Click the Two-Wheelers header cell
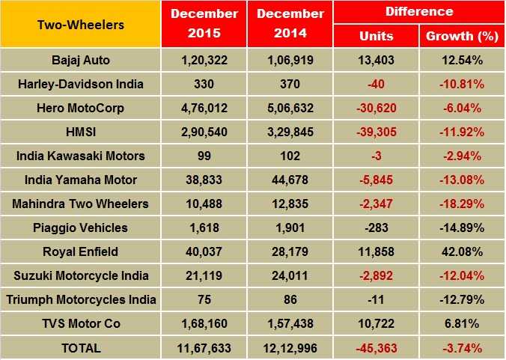[80, 25]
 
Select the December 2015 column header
[204, 25]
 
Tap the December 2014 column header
[290, 25]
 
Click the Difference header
[418, 12]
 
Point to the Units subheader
[376, 36]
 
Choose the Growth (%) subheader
[461, 36]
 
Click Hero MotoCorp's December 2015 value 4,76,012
[204, 108]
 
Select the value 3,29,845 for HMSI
[290, 132]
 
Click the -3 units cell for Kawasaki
[376, 156]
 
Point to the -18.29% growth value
[461, 204]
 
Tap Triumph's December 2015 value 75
[204, 299]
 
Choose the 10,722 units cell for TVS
[376, 323]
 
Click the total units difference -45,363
[376, 347]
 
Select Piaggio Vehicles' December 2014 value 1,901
[290, 228]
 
